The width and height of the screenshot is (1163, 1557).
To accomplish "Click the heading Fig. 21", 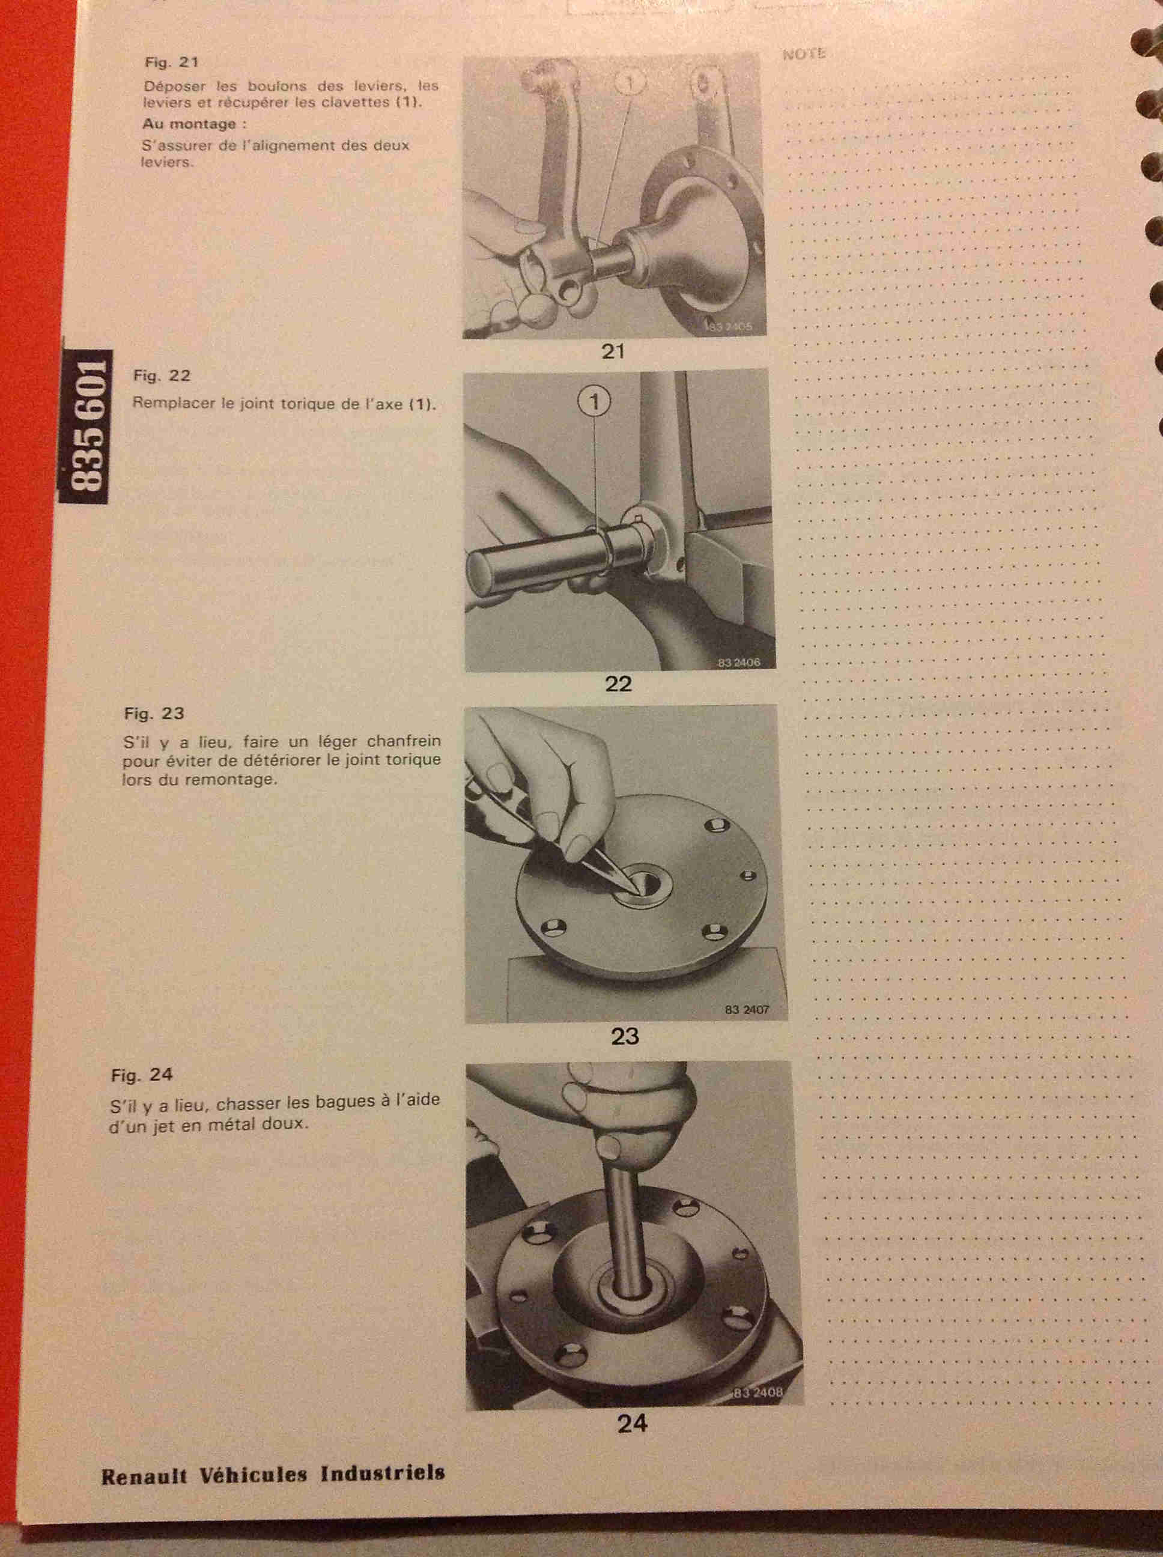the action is (x=171, y=62).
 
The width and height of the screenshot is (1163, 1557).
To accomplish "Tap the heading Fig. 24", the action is (x=142, y=1075).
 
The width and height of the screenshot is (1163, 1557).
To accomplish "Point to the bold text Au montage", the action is (x=189, y=124).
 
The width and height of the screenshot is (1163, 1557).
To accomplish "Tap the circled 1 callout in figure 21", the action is (x=630, y=82).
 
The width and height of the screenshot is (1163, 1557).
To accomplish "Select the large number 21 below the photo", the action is (x=613, y=351).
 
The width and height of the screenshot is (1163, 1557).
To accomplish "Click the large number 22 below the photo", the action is (x=618, y=684).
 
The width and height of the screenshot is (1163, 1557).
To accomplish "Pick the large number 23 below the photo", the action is (x=624, y=1036).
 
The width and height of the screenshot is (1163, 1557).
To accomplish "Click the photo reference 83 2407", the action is (x=747, y=1009).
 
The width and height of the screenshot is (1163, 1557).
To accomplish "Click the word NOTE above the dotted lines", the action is (x=804, y=54).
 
